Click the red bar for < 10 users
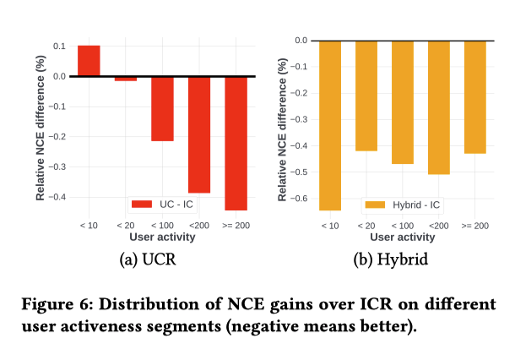[x=89, y=61]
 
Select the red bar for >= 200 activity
[x=236, y=143]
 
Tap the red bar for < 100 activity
[x=162, y=108]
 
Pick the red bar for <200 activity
[x=199, y=134]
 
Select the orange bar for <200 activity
[x=438, y=107]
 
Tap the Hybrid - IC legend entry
[x=401, y=204]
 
